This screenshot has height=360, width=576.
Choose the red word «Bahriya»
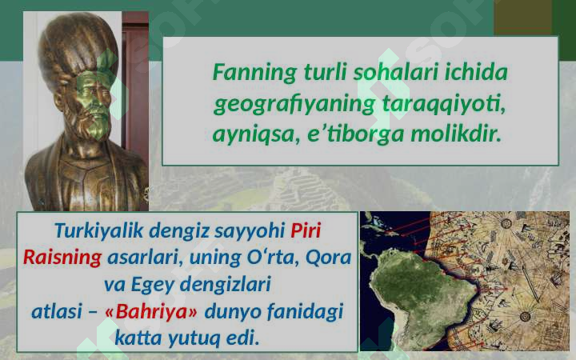[x=152, y=310]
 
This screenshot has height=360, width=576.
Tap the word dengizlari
[x=231, y=284]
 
